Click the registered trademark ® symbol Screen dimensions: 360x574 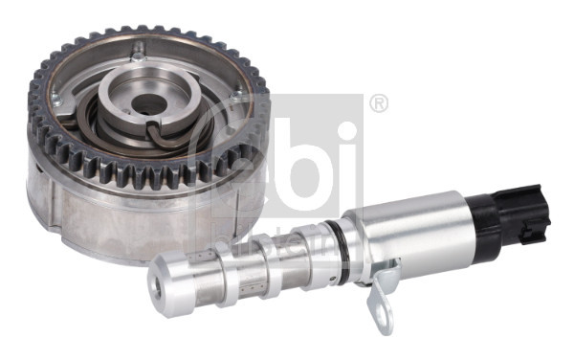point(379,103)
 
